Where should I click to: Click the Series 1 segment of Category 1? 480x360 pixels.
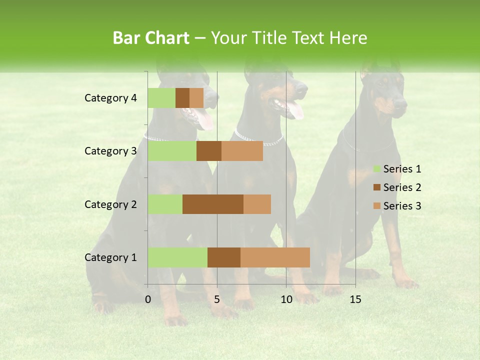[x=177, y=257]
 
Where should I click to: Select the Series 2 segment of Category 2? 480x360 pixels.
[x=213, y=204]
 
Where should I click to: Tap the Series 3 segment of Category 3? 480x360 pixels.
[x=242, y=151]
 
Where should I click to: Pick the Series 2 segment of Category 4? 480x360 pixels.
[x=182, y=98]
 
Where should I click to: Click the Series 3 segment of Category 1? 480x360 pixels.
[x=275, y=257]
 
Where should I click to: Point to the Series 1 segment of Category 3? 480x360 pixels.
[x=172, y=151]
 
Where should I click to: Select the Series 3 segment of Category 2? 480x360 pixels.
[x=257, y=204]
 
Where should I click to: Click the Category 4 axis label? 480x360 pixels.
[x=110, y=98]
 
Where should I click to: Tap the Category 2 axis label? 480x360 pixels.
[x=110, y=204]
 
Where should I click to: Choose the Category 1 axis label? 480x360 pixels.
[x=110, y=257]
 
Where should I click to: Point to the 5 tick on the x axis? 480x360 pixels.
[x=217, y=299]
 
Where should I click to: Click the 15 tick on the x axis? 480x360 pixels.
[x=355, y=299]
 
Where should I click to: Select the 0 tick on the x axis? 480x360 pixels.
[x=148, y=299]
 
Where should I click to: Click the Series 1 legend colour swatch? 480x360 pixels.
[x=376, y=169]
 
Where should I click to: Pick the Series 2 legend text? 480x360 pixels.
[x=402, y=187]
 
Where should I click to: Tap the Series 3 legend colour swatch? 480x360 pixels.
[x=376, y=206]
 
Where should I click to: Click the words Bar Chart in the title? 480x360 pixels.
[x=151, y=37]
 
